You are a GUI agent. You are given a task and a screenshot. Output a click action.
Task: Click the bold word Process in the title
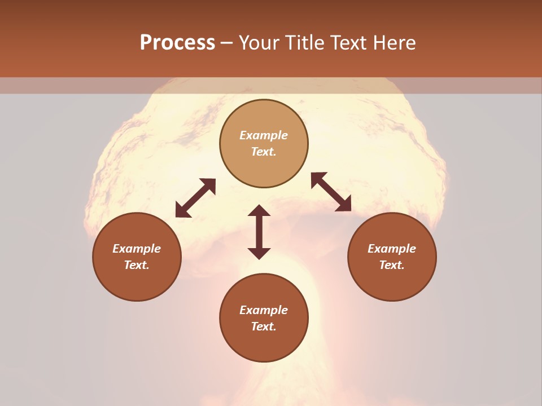coord(177,43)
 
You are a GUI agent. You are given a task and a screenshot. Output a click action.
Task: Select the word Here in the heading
coord(394,43)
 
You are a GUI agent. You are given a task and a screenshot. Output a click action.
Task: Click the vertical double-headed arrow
coord(259,232)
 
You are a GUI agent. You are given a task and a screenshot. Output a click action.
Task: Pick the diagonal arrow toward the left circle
coord(195,198)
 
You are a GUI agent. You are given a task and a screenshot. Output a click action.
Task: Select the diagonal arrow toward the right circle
coord(331,192)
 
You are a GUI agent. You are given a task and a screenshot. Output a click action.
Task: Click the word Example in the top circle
coord(264,135)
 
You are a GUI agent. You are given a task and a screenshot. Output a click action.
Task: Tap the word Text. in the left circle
coord(137,265)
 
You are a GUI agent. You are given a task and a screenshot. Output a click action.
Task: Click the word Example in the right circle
coord(392,249)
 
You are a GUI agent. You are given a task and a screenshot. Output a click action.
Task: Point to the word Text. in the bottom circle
coord(264,326)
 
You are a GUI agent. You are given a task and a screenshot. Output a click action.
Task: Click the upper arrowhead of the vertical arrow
coord(259,211)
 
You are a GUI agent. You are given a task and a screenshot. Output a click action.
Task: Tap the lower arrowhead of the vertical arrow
coord(259,253)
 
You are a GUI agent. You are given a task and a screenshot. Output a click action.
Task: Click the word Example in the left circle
coord(137,249)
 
